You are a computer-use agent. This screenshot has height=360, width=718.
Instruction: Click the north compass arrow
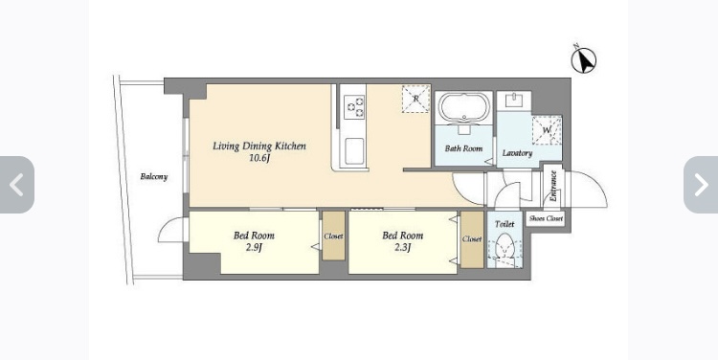(x=584, y=60)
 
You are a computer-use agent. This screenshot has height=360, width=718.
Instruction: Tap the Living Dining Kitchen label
(x=259, y=146)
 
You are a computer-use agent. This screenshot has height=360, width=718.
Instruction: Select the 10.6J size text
(x=259, y=159)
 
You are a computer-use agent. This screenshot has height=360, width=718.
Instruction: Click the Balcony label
(x=154, y=177)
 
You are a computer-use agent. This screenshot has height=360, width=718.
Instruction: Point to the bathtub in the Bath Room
(x=464, y=107)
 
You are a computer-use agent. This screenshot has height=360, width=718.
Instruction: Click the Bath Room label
(x=463, y=148)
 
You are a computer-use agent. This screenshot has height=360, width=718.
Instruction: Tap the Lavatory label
(x=517, y=153)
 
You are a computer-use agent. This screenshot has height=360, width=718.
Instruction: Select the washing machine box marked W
(x=547, y=130)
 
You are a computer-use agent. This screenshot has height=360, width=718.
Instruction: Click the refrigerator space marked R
(x=415, y=99)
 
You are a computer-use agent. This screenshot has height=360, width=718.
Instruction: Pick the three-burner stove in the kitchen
(x=354, y=106)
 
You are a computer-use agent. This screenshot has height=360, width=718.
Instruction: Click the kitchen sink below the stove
(x=354, y=151)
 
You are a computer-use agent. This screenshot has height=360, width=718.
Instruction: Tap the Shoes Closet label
(x=546, y=219)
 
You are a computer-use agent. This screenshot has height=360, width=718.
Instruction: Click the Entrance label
(x=553, y=186)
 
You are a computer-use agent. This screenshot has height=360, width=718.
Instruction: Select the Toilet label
(x=505, y=224)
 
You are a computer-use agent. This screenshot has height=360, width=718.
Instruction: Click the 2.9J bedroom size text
(x=254, y=248)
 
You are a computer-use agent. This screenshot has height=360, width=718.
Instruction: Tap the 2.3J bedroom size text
(x=402, y=248)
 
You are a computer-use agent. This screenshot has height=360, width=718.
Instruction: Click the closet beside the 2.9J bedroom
(x=333, y=236)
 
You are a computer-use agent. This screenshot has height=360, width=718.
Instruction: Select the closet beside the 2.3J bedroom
(x=472, y=239)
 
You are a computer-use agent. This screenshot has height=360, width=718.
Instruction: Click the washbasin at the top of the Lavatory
(x=514, y=101)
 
